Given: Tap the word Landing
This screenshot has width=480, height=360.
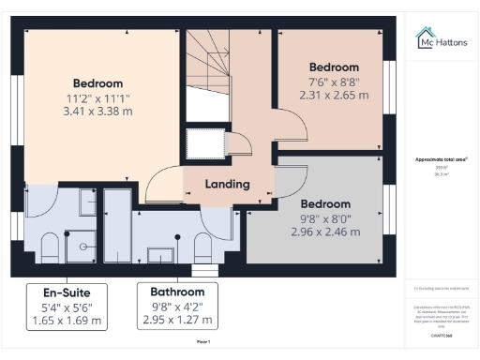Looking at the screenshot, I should coord(227,184).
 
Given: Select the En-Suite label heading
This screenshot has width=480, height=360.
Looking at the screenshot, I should coord(67,291).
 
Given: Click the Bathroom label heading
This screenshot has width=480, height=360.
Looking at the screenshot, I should coord(177,291).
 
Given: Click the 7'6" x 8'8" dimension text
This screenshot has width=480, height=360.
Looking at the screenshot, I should coord(334,82).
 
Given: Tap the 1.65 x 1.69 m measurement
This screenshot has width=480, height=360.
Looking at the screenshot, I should coord(67,321).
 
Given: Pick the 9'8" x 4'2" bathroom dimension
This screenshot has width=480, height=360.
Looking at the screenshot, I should coord(177,306).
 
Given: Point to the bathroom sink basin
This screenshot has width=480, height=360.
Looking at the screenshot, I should coord(161,252).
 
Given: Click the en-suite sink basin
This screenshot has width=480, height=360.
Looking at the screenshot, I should coord(85,202).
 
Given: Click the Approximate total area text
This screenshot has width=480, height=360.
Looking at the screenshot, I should coord(442,160).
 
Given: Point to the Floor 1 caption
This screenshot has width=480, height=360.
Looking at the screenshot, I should coord(203,343).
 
